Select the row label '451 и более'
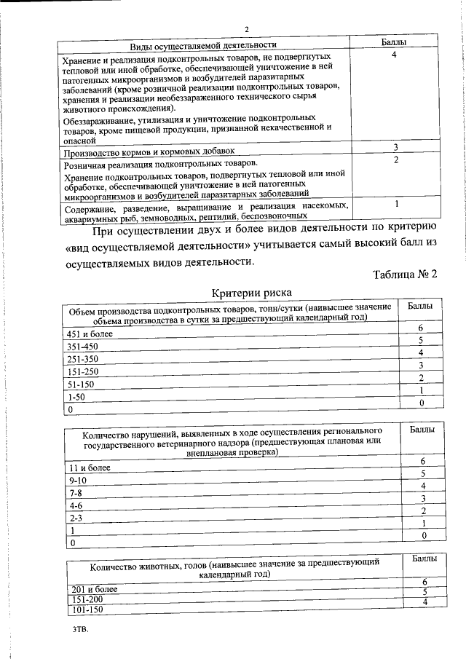86,334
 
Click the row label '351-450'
81,346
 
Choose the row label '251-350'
81,359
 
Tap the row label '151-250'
81,371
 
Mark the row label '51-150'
79,384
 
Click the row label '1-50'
75,397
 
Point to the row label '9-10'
76,481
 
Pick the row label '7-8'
74,493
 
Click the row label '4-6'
74,505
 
